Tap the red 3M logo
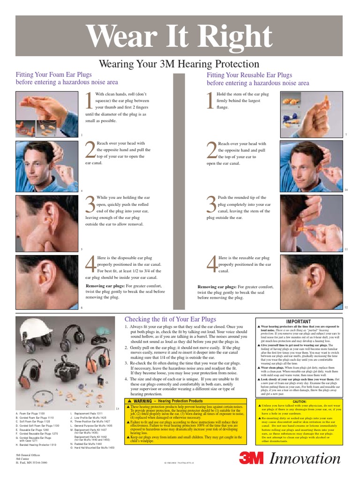coord(252,457)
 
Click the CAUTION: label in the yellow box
coord(300,402)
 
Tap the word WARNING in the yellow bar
coord(142,401)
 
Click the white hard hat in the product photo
coord(37,328)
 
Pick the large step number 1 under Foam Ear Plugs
coord(89,102)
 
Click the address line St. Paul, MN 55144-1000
coord(31,463)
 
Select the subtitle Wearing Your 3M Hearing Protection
coord(180,64)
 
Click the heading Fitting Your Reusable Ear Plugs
coord(249,75)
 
